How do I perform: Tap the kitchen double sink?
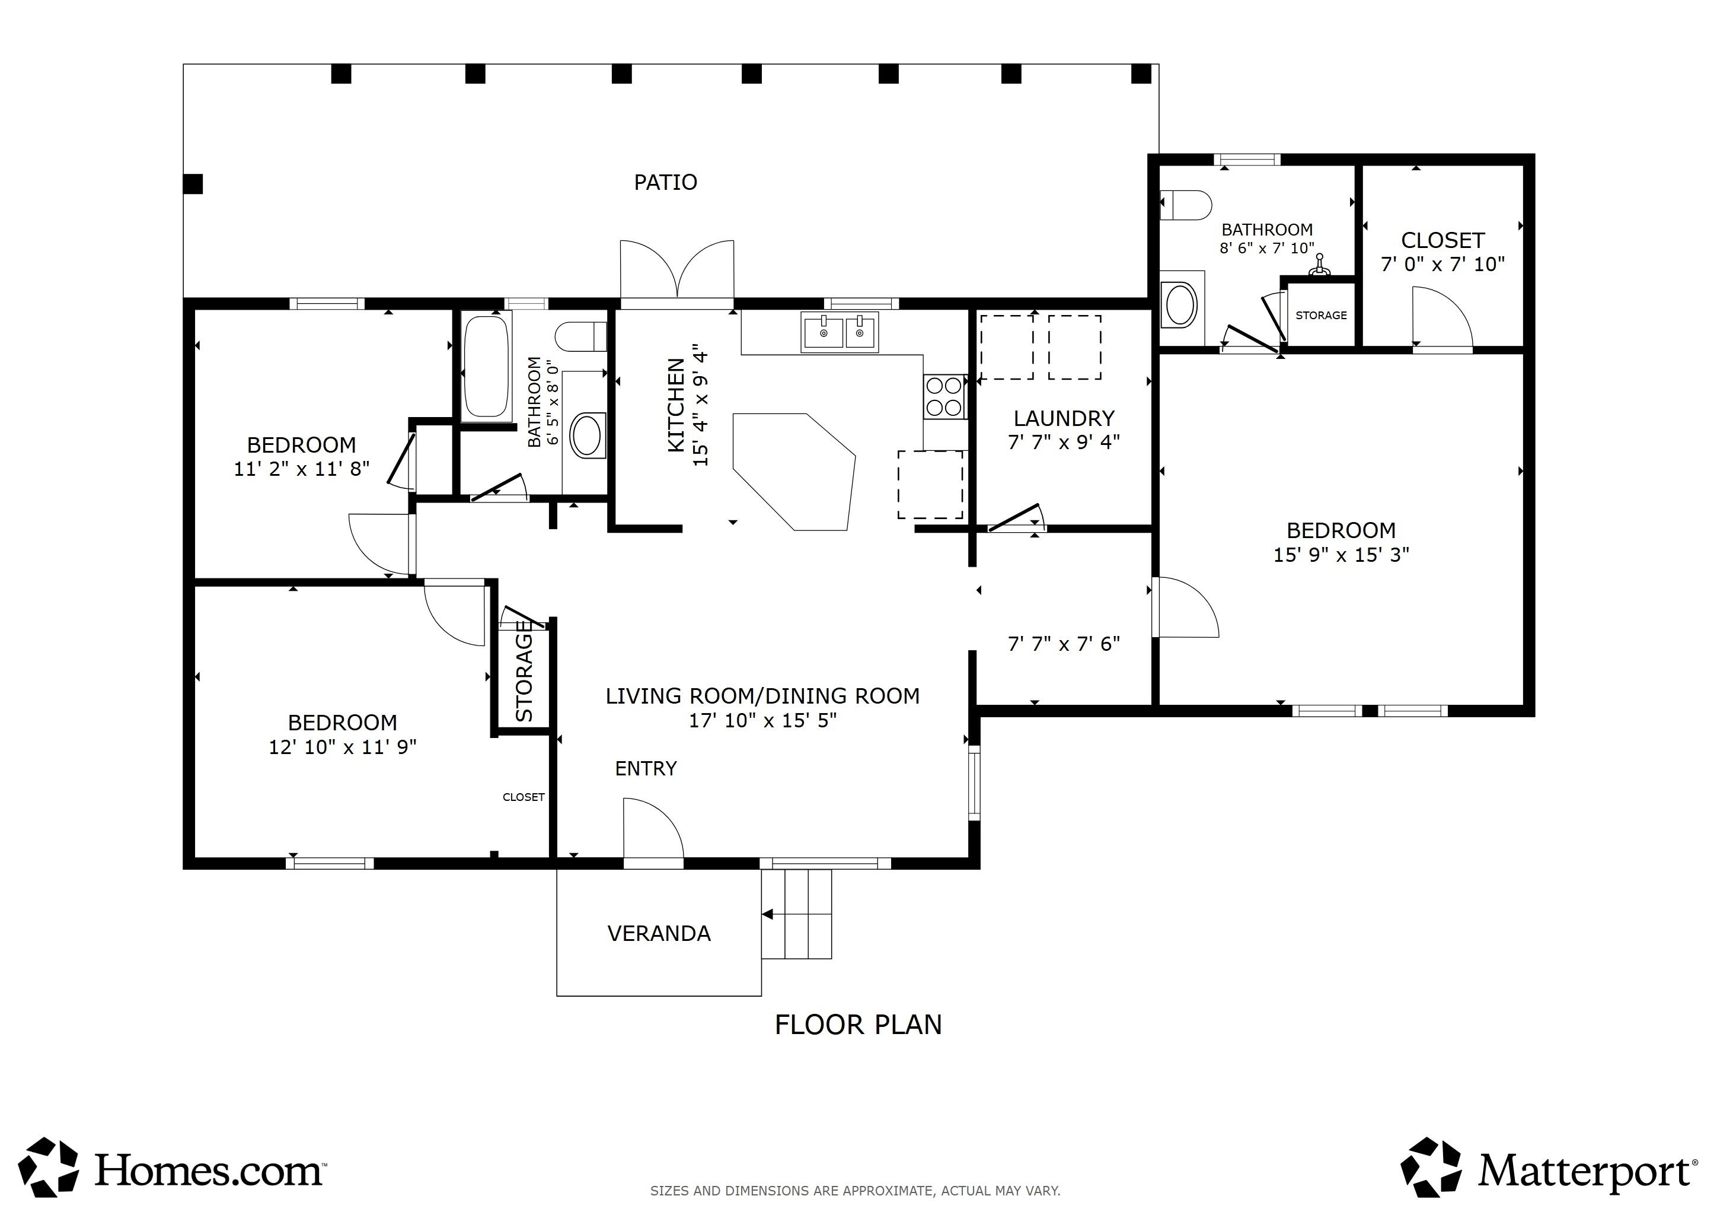click(840, 332)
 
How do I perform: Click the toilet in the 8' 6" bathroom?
click(1185, 204)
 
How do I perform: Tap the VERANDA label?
click(659, 934)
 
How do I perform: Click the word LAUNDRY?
click(1064, 418)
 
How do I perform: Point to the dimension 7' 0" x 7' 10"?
click(1442, 264)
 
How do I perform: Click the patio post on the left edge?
click(193, 184)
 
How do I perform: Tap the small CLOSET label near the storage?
click(524, 797)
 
